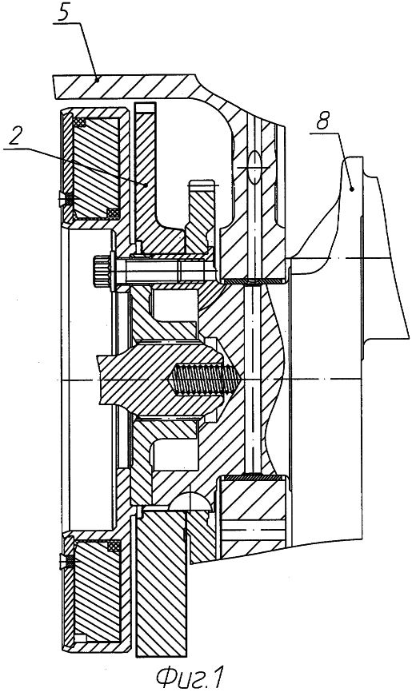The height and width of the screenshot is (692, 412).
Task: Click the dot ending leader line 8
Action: coord(352,189)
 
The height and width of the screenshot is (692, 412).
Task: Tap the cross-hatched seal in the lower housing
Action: coord(114,547)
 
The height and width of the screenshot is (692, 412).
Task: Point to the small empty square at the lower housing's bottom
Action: coord(79,638)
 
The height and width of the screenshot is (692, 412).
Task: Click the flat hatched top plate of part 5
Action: coord(124,86)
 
